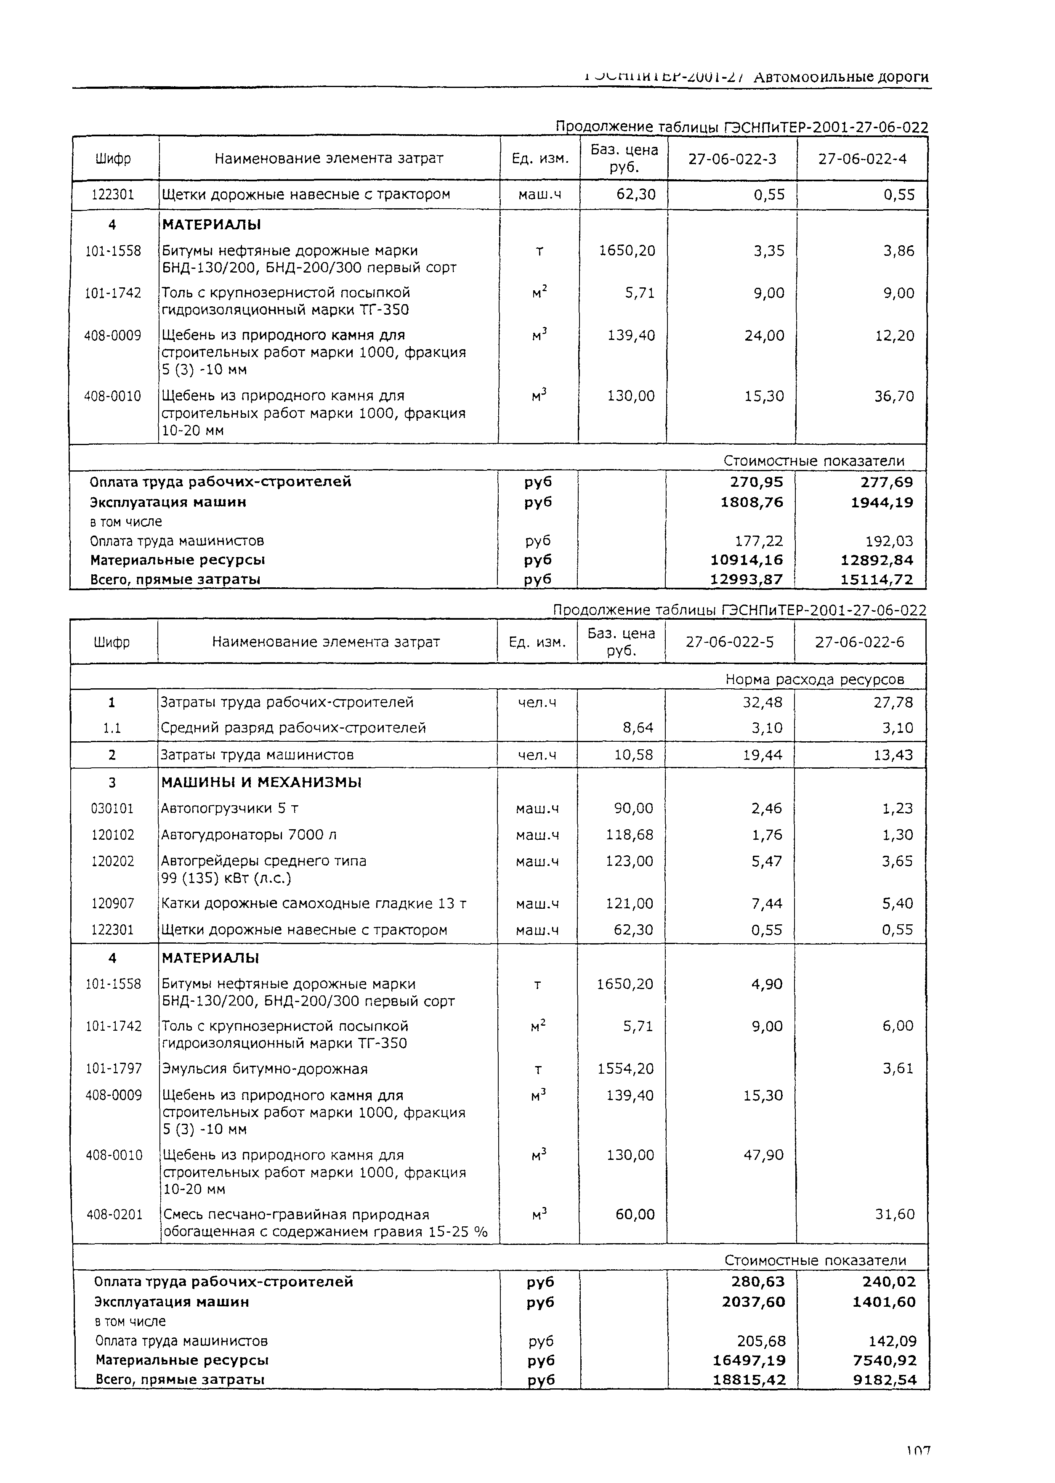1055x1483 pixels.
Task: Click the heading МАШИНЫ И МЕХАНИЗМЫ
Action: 261,783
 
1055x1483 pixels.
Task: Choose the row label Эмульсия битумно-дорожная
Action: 264,1069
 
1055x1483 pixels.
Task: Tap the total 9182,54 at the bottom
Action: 885,1380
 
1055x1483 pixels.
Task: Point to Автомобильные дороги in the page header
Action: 841,77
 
